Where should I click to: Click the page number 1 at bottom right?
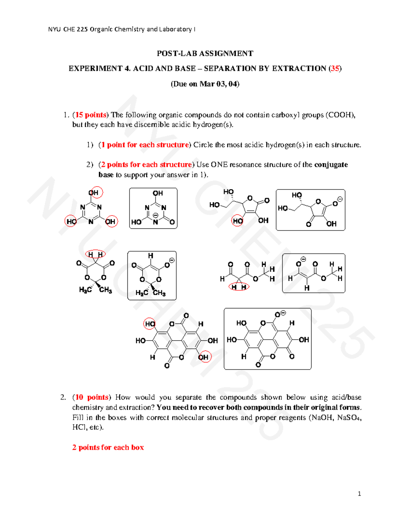click(359, 493)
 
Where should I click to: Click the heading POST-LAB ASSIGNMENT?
click(205, 53)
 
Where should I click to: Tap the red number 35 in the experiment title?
click(335, 68)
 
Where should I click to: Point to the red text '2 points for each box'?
click(108, 447)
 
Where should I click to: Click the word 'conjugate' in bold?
click(331, 164)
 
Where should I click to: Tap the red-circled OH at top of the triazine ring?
click(94, 193)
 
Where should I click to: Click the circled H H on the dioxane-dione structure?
click(95, 254)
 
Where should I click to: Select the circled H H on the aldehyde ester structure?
click(239, 287)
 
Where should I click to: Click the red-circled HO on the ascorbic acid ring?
click(238, 221)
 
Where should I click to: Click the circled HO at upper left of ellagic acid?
click(150, 323)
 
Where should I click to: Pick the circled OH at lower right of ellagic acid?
click(204, 357)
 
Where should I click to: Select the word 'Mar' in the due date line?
click(207, 84)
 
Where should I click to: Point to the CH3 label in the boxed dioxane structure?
click(159, 293)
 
